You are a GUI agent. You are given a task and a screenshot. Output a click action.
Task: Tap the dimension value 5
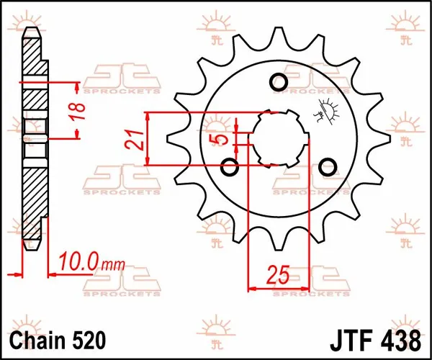(222, 138)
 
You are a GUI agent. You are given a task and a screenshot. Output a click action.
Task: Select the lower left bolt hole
(230, 168)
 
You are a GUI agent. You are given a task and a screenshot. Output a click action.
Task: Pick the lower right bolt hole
(328, 166)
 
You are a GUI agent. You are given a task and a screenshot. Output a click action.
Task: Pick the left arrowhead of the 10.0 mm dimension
(17, 274)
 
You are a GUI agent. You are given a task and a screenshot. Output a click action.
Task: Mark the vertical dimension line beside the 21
(147, 139)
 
